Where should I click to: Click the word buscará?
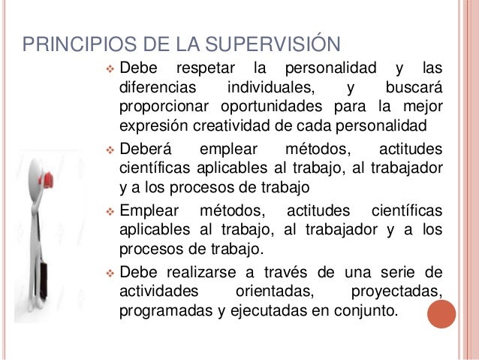[413, 88]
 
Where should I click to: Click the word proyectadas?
[397, 290]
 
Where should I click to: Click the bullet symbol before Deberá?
[109, 148]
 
